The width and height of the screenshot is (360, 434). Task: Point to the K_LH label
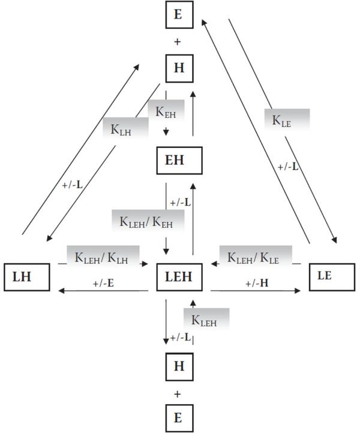[x=125, y=128]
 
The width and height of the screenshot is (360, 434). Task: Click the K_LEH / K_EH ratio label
[x=148, y=221]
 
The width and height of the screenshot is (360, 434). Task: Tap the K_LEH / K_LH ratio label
[x=103, y=257]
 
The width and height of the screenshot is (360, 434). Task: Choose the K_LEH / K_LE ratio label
[x=256, y=257]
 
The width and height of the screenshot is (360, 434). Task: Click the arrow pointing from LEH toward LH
[x=102, y=291]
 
